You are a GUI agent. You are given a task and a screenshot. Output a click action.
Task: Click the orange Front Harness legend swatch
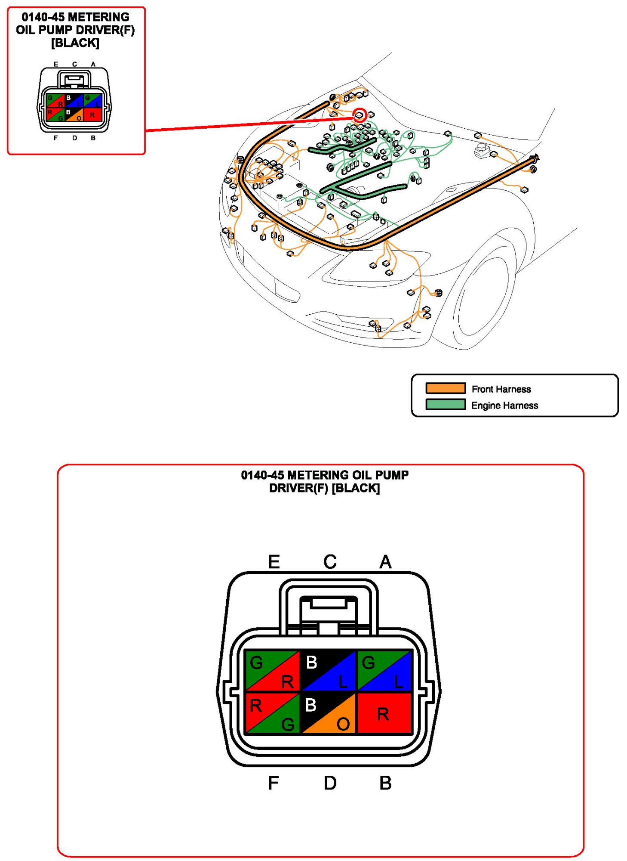(x=445, y=388)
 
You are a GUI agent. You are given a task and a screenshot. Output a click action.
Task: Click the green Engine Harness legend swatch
(x=445, y=405)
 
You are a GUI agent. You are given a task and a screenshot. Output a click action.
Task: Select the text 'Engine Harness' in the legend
(x=504, y=406)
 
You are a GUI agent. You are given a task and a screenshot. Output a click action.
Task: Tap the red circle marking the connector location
(x=360, y=115)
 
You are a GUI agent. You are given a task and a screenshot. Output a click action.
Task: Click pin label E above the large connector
(x=274, y=562)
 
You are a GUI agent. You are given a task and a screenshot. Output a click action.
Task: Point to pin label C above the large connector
(x=330, y=562)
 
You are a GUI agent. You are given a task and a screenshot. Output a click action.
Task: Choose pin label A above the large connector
(x=385, y=562)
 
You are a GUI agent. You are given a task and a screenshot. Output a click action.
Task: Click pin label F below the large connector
(x=274, y=783)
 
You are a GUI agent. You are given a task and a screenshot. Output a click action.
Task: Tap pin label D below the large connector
(x=330, y=783)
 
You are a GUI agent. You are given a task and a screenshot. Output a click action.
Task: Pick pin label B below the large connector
(x=385, y=783)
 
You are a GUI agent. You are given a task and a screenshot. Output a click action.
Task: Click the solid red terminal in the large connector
(x=384, y=713)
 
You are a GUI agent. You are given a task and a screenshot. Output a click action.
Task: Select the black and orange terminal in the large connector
(x=329, y=713)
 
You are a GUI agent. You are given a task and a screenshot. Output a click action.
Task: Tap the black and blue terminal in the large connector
(x=329, y=671)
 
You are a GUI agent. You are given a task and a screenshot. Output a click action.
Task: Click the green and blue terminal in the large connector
(x=384, y=671)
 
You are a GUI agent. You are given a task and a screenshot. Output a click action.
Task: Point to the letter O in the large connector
(x=343, y=725)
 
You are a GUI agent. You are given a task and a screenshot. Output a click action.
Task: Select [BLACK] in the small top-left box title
(x=75, y=43)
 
